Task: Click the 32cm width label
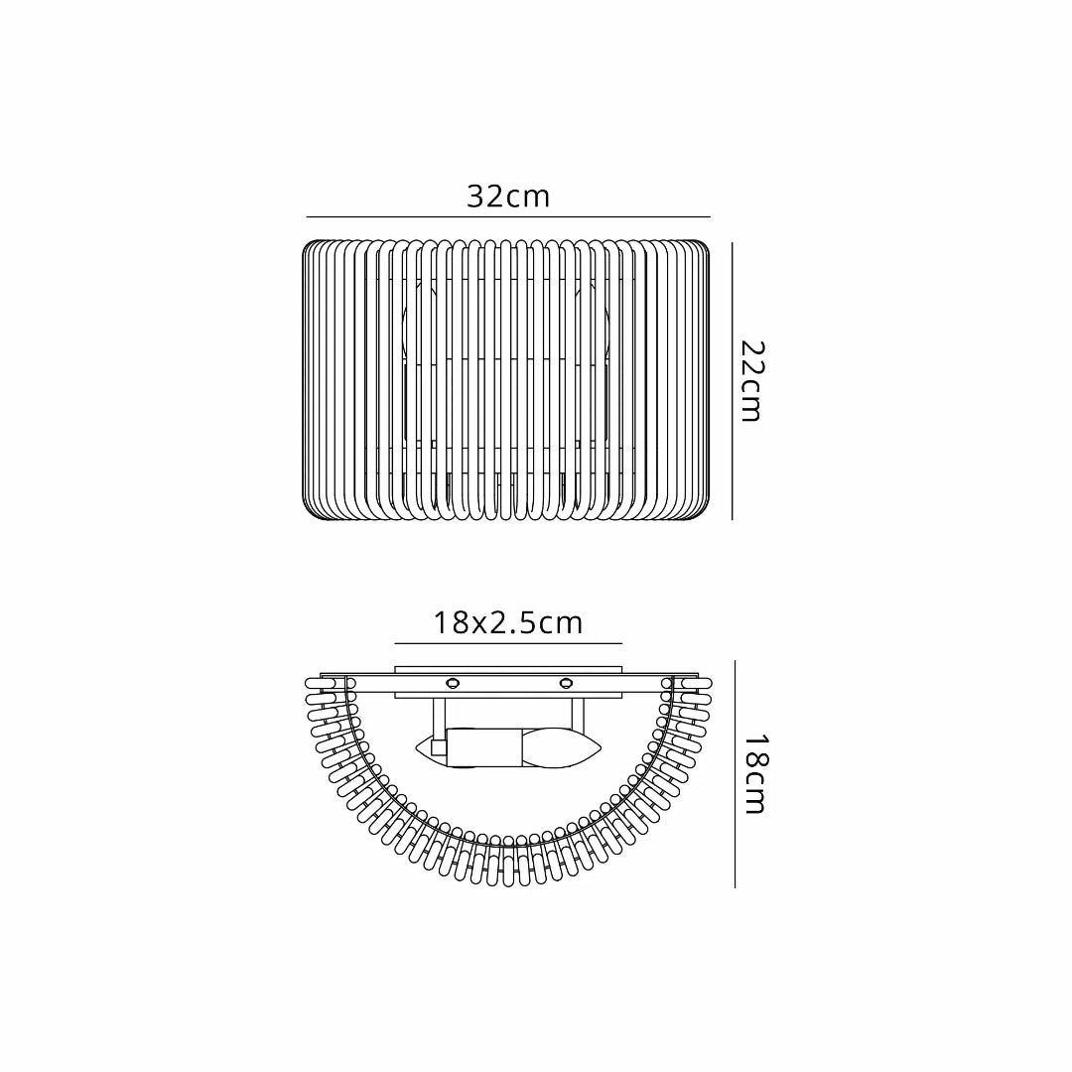pos(508,197)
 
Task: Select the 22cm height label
pos(751,381)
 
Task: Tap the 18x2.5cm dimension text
pos(507,623)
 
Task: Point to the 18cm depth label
pos(754,774)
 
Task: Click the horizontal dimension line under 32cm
pos(508,216)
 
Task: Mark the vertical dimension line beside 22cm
pos(733,381)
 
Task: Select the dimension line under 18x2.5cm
pos(507,643)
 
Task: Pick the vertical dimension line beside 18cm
pos(735,774)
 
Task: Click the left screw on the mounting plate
pos(453,682)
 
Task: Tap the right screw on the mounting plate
pos(567,682)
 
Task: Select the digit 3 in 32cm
pos(476,197)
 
